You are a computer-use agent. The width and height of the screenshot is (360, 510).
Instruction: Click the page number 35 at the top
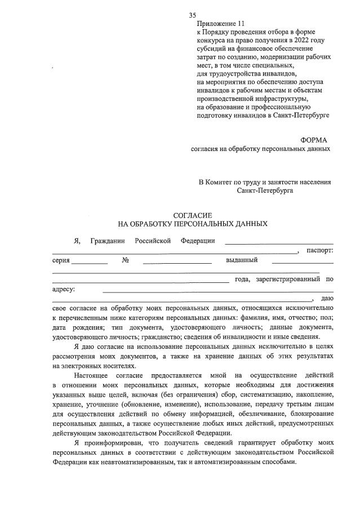pyautogui.click(x=193, y=15)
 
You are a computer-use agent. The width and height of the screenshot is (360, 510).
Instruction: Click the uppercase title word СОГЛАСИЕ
pyautogui.click(x=192, y=215)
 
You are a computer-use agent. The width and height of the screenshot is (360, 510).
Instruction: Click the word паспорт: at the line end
pyautogui.click(x=319, y=250)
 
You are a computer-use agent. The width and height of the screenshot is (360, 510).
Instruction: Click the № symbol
pyautogui.click(x=126, y=260)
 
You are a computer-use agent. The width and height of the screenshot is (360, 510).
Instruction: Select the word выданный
pyautogui.click(x=242, y=260)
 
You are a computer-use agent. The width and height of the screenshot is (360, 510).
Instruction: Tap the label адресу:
pyautogui.click(x=64, y=289)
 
